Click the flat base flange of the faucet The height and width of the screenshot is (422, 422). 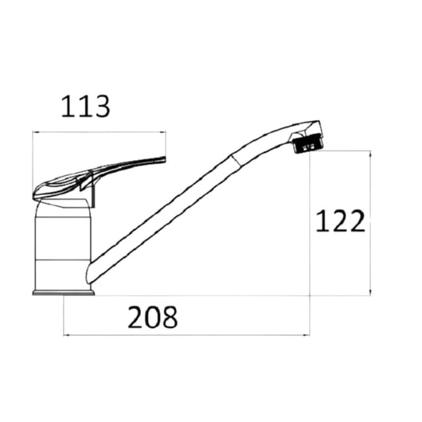[63, 292]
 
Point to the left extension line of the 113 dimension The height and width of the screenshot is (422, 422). [33, 159]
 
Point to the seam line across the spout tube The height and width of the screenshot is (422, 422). [237, 162]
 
